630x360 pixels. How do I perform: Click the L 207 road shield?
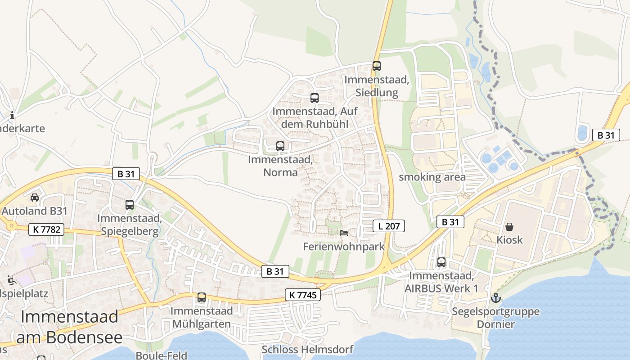pos(389,226)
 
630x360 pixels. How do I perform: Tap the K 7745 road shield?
pos(303,295)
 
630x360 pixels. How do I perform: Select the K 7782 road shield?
pos(46,229)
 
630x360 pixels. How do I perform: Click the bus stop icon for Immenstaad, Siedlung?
pos(377,66)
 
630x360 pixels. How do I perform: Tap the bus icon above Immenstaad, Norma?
pos(280,146)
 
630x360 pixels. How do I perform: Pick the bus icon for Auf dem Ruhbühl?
pos(315,98)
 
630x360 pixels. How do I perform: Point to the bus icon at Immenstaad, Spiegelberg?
pos(130,205)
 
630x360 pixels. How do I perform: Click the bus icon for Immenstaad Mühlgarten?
pos(202,297)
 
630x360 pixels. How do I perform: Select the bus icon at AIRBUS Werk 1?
pos(441,262)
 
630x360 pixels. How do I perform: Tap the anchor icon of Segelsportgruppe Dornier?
pos(495,298)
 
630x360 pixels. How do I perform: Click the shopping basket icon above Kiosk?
pos(509,226)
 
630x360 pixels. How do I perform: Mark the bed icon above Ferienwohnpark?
pos(344,233)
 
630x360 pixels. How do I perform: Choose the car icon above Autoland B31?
pos(34,197)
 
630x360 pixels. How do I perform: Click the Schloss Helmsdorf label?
pos(307,349)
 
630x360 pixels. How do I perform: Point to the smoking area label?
pos(432,177)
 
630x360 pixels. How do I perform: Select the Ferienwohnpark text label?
pos(344,247)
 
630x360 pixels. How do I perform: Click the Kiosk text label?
pos(509,240)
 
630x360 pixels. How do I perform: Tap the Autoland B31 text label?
pos(35,211)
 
